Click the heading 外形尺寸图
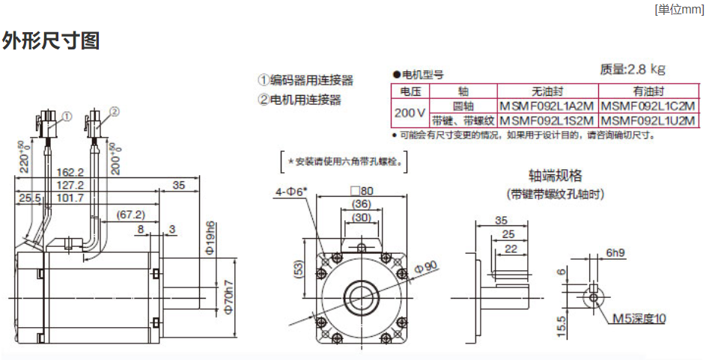[x=51, y=40]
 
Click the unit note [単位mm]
[x=679, y=9]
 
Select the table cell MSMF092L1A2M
[x=547, y=106]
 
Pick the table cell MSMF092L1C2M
[x=648, y=106]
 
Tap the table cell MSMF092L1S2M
[x=547, y=120]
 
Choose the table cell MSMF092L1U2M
[x=648, y=120]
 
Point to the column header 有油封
[x=648, y=92]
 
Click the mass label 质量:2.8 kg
[x=633, y=70]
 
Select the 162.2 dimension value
[x=70, y=171]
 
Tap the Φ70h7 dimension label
[x=229, y=293]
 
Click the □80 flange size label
[x=362, y=190]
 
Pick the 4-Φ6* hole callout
[x=292, y=192]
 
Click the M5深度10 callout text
[x=639, y=319]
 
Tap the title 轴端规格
[x=555, y=176]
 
